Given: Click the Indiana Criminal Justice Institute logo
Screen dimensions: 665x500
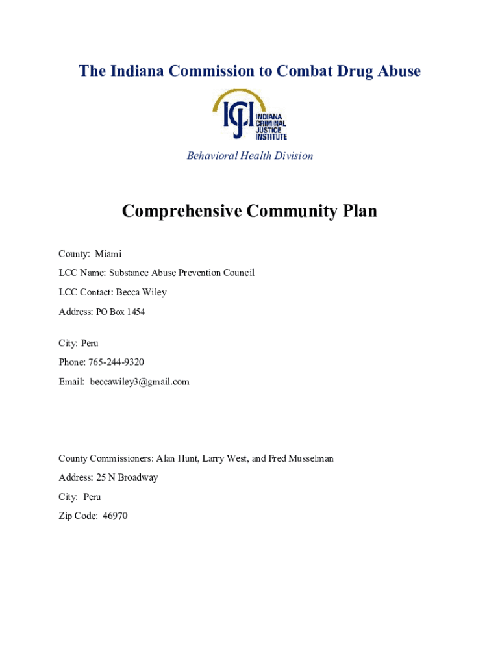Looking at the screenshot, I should tap(250, 115).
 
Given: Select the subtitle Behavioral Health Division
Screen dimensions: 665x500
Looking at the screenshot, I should tap(250, 156).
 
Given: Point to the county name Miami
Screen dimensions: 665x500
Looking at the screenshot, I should tap(108, 253).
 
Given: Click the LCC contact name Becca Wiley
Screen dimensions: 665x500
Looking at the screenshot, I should tap(141, 292).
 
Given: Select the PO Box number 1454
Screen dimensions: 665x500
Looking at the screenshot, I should tap(136, 312).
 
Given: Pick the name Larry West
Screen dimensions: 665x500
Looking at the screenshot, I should tap(225, 458).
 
